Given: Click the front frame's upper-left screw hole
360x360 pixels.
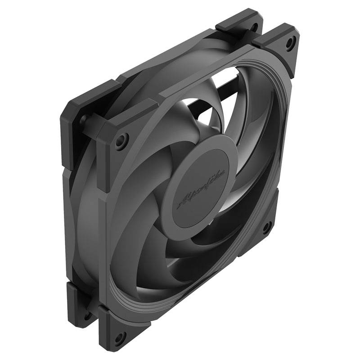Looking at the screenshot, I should pos(121,140).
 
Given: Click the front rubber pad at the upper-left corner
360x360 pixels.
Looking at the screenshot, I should pos(115,130).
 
